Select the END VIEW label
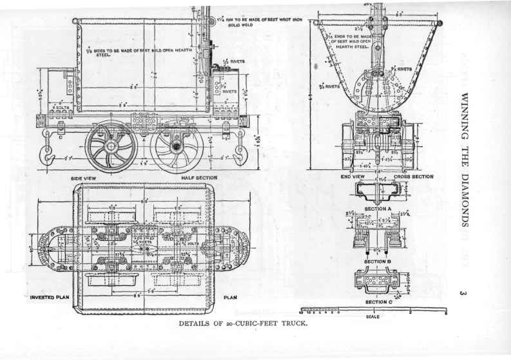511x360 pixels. pos(352,176)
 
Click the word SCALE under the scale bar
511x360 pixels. pos(372,316)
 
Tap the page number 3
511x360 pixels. pos(463,294)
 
